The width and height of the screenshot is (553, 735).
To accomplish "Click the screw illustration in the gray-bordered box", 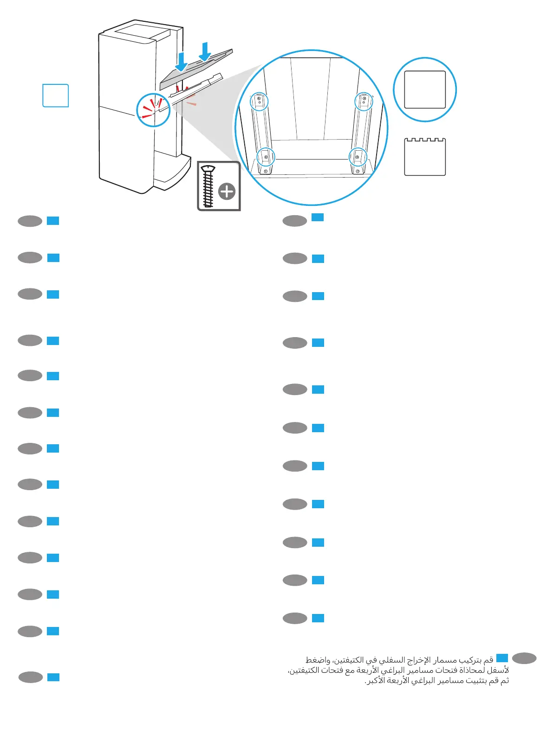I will [x=208, y=186].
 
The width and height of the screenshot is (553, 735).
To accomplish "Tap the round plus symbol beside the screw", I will [x=227, y=191].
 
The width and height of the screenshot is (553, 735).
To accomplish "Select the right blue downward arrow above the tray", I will [x=205, y=52].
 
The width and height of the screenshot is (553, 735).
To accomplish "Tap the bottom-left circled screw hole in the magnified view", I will [x=266, y=157].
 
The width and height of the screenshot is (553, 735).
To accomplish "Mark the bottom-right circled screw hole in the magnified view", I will [x=358, y=157].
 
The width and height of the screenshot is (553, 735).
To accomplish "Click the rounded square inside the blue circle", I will [x=425, y=89].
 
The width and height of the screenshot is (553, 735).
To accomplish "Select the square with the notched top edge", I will [x=425, y=157].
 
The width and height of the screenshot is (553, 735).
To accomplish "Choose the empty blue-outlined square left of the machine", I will [x=56, y=96].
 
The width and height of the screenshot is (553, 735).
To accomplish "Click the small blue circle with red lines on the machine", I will [x=153, y=110].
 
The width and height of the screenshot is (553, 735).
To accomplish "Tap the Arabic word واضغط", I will [x=318, y=660].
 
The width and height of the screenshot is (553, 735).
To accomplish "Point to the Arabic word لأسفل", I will [x=500, y=671].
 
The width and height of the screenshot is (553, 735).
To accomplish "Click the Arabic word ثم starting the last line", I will [x=504, y=681].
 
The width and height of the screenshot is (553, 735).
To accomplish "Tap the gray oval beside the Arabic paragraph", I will [x=524, y=658].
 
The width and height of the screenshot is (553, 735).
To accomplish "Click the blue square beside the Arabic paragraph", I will [x=502, y=658].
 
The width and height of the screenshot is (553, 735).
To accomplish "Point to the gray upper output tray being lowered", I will [x=195, y=70].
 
